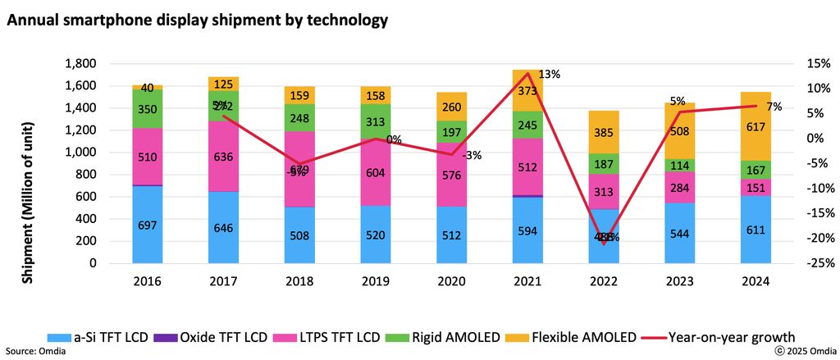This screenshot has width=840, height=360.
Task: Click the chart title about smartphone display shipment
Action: (197, 17)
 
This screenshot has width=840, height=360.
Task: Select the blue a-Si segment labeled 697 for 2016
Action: (148, 224)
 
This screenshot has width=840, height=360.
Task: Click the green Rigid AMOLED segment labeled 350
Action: (148, 109)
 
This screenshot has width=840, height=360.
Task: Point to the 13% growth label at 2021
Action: (549, 75)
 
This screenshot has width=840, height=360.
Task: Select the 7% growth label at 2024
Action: (774, 107)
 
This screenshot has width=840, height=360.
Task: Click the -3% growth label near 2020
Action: (471, 155)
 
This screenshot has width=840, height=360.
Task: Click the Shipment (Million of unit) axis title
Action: (28, 164)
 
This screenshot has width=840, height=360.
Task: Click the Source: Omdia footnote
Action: (35, 351)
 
